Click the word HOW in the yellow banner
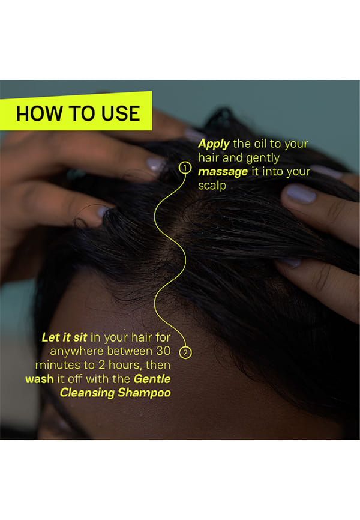coord(39,113)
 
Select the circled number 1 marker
coord(185,168)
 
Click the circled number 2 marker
coord(185,352)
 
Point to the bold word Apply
coord(214,144)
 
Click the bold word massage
coord(223,172)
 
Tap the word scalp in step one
coord(212,186)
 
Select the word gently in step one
coord(263,158)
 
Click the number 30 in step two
coord(163,351)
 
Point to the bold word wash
coord(40,379)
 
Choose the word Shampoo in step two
coord(144,393)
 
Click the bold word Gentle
coord(152,379)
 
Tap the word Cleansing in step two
coord(87,393)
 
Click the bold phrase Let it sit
coord(64,337)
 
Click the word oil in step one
coord(260,144)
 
